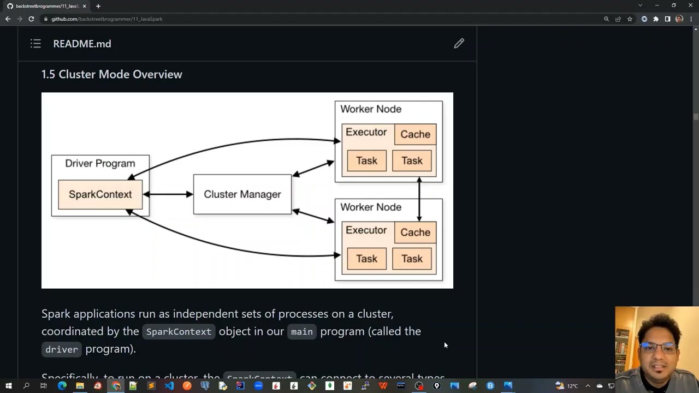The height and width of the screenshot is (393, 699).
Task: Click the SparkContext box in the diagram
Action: (100, 194)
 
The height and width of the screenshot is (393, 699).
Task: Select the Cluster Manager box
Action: (242, 194)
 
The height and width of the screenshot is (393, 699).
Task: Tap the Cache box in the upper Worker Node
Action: (415, 134)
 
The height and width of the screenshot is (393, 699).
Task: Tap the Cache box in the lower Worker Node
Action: (415, 233)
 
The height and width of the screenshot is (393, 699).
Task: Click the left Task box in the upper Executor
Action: (366, 160)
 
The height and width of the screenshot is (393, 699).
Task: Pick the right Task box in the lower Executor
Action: (412, 259)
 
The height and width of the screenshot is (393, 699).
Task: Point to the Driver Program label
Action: (100, 163)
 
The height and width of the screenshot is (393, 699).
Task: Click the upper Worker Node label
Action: (371, 109)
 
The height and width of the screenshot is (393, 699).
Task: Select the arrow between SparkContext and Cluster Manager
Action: (168, 194)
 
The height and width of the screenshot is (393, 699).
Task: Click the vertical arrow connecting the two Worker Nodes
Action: (419, 199)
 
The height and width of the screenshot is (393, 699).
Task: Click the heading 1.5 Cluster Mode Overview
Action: (112, 74)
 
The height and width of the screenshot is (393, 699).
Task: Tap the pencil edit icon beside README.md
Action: (459, 44)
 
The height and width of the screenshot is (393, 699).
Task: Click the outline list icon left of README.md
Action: (35, 44)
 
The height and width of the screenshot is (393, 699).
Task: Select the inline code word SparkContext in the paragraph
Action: (179, 332)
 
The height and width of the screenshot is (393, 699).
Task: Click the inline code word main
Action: (301, 332)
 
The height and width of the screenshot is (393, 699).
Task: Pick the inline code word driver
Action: (62, 349)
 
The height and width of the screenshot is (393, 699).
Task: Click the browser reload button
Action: (31, 19)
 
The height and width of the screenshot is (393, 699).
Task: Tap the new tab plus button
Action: (98, 6)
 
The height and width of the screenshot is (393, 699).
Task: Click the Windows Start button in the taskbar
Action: (8, 386)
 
